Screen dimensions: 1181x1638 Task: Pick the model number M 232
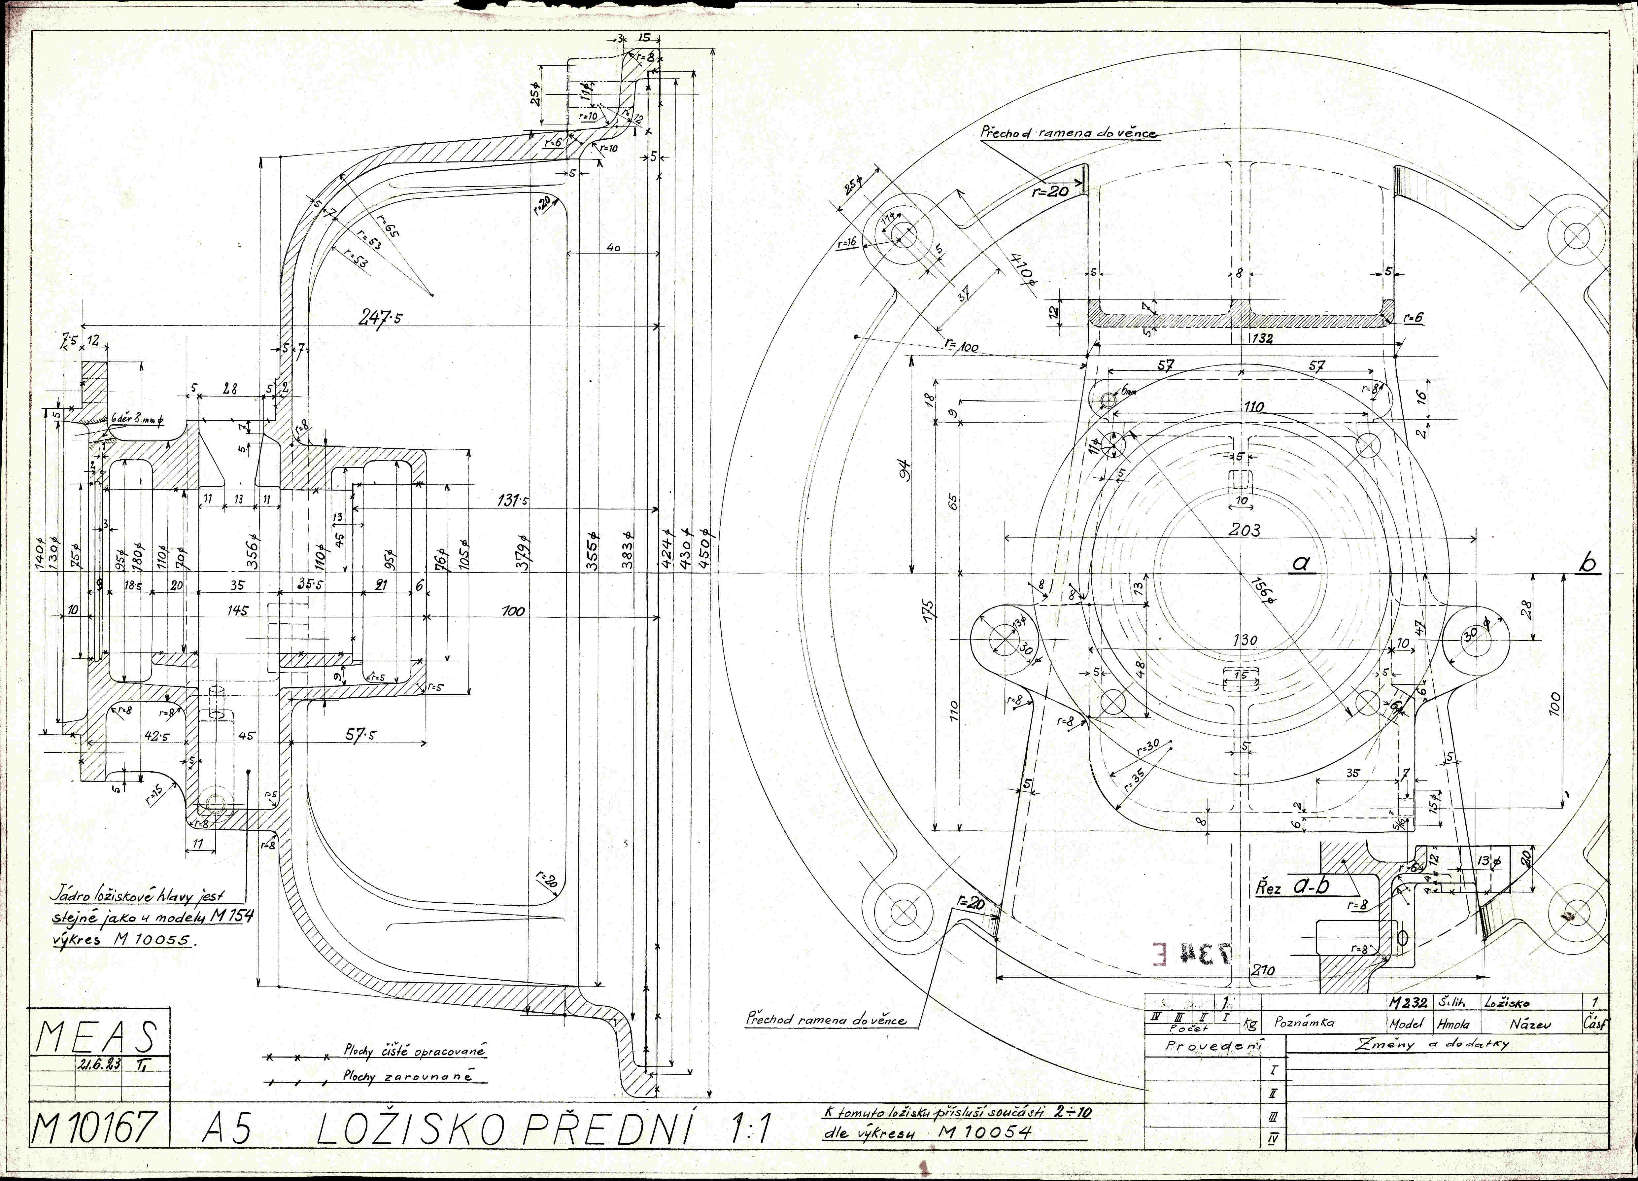1407,1003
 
